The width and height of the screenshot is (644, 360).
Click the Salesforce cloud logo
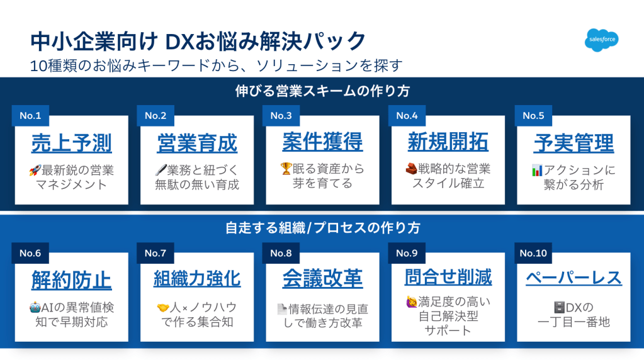click(602, 40)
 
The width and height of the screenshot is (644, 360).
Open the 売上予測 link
click(72, 143)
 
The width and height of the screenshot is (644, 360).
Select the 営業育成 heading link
click(197, 143)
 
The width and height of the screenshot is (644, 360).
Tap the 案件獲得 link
click(322, 142)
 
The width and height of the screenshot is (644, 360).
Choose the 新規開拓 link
click(448, 142)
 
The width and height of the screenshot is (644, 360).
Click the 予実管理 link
click(573, 143)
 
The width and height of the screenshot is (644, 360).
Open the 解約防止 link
click(72, 280)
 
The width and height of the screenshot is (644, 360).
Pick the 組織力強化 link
click(197, 278)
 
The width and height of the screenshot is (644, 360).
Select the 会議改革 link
click(322, 278)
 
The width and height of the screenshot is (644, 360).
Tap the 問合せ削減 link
click(448, 277)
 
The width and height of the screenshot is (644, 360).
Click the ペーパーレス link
click(573, 278)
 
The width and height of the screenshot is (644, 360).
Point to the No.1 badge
click(30, 116)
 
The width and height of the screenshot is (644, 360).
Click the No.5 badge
click(533, 116)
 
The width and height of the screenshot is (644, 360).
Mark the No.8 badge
click(281, 253)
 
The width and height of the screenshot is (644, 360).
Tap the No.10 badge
click(533, 253)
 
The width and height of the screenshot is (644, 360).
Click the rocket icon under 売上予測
click(35, 170)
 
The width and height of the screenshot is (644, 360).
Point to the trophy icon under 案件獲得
click(286, 168)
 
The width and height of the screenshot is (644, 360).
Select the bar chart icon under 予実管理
click(537, 170)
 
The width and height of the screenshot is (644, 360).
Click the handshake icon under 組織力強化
click(163, 308)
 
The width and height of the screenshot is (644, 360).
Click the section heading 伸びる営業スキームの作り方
click(322, 91)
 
